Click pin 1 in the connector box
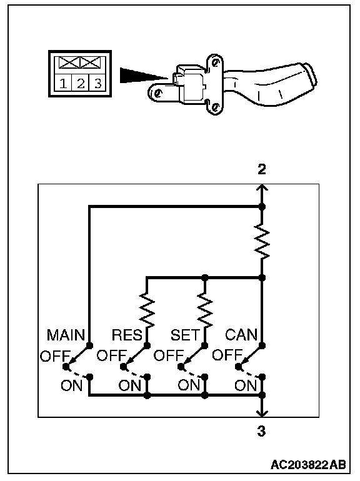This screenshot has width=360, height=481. [63, 83]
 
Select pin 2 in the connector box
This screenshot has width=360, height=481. [81, 83]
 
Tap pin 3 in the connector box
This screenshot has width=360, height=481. [98, 83]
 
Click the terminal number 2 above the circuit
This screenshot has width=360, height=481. [261, 169]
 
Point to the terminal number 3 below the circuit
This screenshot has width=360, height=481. [261, 431]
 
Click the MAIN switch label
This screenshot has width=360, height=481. [66, 335]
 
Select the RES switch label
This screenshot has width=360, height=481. [127, 335]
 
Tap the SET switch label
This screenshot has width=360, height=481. [185, 335]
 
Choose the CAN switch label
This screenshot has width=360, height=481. [241, 335]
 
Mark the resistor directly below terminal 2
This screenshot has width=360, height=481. [262, 241]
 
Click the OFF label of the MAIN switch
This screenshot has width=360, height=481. [55, 356]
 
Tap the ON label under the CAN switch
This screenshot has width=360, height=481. [246, 385]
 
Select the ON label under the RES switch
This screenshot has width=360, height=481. [130, 385]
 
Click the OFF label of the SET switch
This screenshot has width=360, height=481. [169, 356]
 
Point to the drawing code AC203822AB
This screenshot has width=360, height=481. [308, 465]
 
